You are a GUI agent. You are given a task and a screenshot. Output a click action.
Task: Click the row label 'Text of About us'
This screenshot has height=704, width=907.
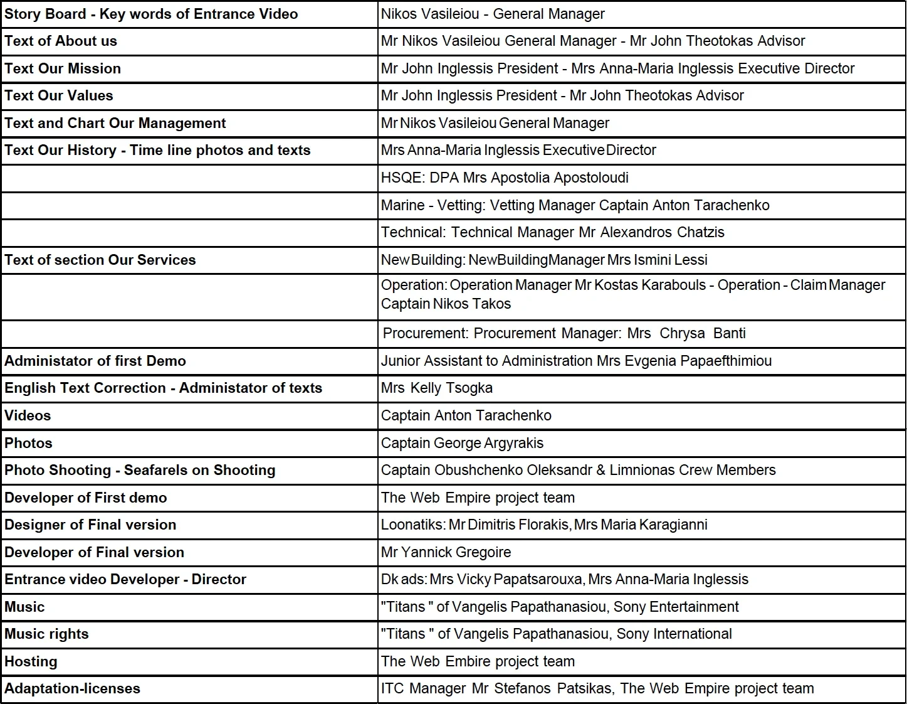[x=61, y=41]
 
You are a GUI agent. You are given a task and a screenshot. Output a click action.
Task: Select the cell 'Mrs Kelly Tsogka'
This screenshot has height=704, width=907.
[x=437, y=388]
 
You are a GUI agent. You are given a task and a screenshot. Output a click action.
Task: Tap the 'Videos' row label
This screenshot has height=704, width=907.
[x=28, y=416]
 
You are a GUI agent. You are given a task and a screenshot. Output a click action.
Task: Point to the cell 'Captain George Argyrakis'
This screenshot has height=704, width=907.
[x=462, y=443]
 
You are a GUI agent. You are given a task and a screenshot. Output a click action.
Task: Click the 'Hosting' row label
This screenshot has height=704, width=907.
[x=31, y=662]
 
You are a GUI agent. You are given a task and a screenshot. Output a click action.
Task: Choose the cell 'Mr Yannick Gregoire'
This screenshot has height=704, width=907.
[x=446, y=553]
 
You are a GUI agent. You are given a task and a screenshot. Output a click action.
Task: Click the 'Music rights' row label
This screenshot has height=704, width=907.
[x=46, y=634]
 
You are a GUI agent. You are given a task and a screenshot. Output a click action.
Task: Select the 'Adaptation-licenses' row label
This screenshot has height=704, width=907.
[x=72, y=689]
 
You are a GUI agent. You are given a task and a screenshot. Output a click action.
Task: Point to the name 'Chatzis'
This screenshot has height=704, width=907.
[x=700, y=233]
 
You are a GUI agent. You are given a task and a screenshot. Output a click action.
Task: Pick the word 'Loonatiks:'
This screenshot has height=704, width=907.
[x=413, y=525]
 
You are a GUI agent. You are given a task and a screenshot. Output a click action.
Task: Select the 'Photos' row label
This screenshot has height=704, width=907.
[x=28, y=444]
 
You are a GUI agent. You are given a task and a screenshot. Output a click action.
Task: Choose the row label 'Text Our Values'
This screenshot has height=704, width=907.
[x=59, y=96]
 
